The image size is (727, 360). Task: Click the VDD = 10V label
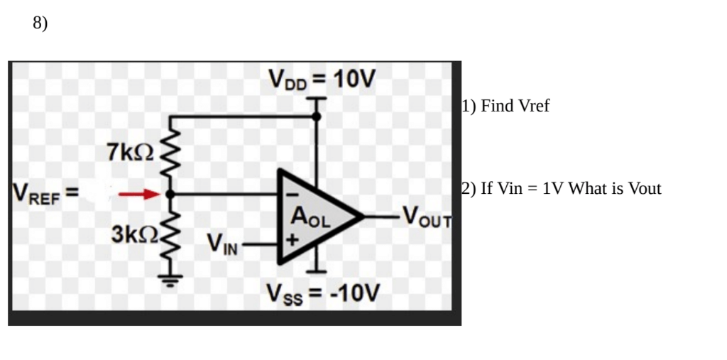tap(321, 77)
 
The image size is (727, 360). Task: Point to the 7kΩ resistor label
tap(130, 151)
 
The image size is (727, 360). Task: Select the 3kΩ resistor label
tap(134, 235)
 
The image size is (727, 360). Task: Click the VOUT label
tap(426, 214)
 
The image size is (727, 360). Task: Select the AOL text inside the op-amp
tap(310, 217)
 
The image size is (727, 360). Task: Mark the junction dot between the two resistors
tap(169, 193)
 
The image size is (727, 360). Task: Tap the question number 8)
tap(40, 23)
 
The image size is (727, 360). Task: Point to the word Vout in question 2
tap(645, 189)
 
